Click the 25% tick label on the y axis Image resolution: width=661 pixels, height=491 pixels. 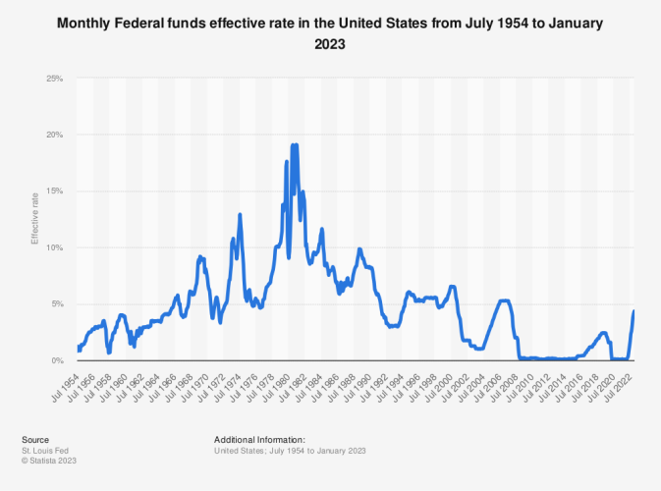(55, 78)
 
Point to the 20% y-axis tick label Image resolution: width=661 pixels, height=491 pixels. (55, 135)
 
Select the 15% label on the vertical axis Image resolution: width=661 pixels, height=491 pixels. (55, 191)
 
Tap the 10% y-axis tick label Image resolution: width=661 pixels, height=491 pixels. (55, 247)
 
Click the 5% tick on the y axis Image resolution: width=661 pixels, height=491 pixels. (57, 304)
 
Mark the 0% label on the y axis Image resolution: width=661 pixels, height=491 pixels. (57, 360)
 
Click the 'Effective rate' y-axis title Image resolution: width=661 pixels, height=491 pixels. (34, 219)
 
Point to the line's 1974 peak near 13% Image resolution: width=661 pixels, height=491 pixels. (240, 214)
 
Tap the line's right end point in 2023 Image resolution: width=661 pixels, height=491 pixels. (633, 311)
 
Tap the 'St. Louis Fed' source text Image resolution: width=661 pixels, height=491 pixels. (42, 450)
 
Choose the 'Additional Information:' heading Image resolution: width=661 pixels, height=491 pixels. (259, 440)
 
